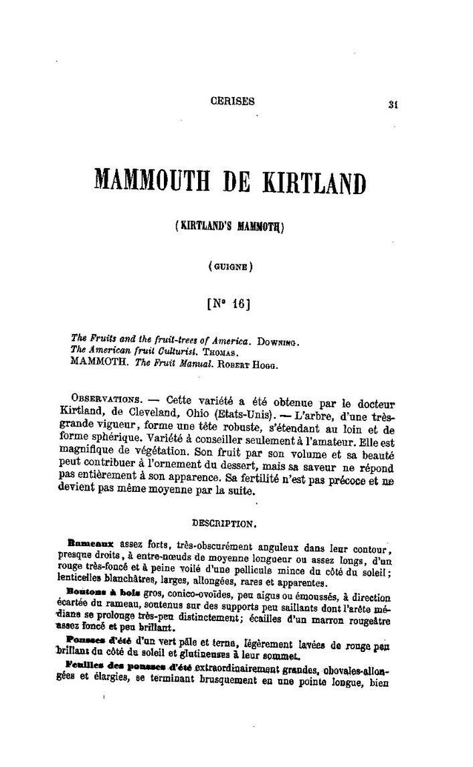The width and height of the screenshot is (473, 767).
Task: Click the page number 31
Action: (393, 104)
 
